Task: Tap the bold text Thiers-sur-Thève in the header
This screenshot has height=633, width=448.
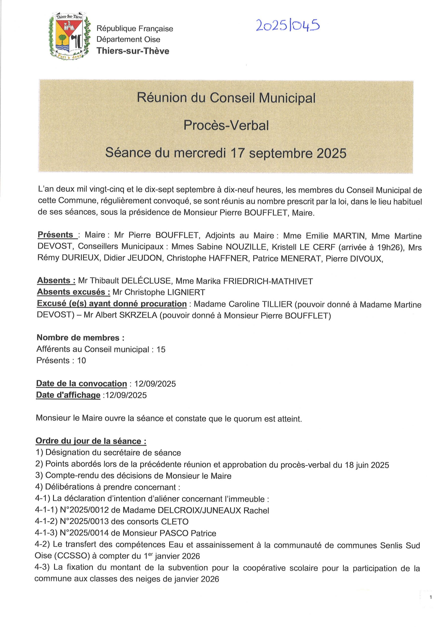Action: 132,51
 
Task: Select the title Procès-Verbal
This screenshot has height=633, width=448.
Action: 226,126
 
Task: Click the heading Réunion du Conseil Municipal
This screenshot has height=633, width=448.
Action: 226,98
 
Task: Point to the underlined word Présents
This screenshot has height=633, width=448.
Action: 55,235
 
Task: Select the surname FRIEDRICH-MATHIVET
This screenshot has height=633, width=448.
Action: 268,281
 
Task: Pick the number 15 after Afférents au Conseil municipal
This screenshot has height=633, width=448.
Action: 161,350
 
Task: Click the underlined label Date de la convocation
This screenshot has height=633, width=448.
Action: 81,384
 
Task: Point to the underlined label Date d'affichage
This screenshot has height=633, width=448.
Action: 68,395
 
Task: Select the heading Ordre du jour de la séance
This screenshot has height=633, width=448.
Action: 91,441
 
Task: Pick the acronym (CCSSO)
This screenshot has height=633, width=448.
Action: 72,556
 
